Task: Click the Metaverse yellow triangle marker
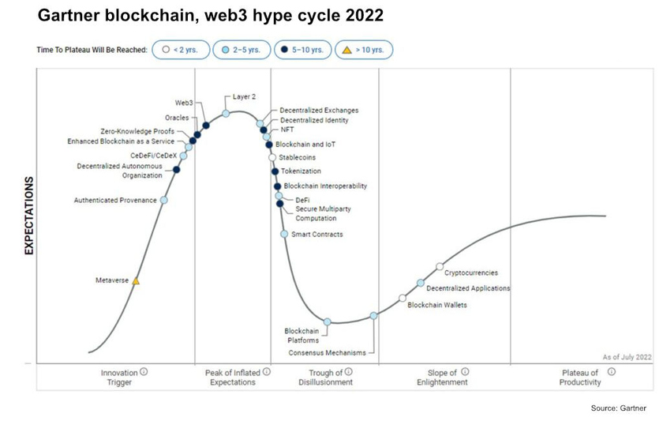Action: pos(136,281)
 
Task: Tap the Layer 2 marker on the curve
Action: pos(226,114)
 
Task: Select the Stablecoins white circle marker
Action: pos(272,158)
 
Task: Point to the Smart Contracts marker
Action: pos(284,234)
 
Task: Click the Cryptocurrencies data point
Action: pos(440,267)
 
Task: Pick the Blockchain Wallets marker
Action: pos(403,298)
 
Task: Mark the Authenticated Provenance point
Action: pos(164,201)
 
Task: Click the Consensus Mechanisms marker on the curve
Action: pos(374,316)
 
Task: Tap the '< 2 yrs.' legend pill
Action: pos(180,50)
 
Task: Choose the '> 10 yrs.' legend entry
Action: pos(364,50)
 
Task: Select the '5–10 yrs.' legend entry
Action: pos(302,50)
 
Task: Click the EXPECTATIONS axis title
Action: pos(29,215)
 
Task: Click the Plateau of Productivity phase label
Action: pos(581,377)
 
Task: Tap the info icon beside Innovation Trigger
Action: pos(144,371)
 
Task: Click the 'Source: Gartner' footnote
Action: pos(618,408)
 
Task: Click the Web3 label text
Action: pos(184,103)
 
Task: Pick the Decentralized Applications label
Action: pos(468,288)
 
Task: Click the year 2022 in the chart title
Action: pos(362,15)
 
